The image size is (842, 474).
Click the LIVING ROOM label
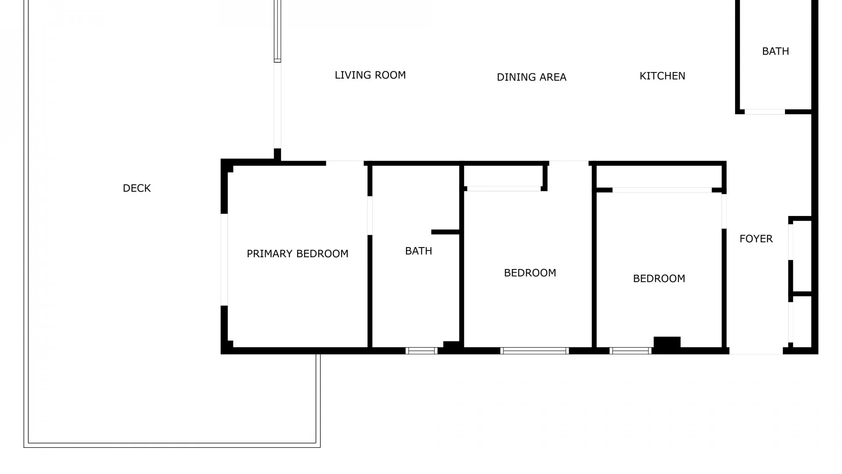click(370, 75)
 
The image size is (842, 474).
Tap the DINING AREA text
click(532, 77)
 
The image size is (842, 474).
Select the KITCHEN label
click(662, 76)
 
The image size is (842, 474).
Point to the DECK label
click(137, 188)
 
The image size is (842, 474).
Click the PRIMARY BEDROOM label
click(297, 254)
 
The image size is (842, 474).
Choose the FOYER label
click(756, 239)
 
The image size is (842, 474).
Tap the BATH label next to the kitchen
click(775, 51)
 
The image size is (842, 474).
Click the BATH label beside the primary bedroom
click(418, 251)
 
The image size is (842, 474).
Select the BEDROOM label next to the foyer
click(659, 279)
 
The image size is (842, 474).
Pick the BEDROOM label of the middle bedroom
click(530, 273)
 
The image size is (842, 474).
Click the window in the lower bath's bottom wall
click(421, 351)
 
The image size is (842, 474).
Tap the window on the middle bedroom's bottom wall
click(535, 351)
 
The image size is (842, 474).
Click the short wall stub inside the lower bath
click(445, 232)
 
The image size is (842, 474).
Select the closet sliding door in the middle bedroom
click(504, 189)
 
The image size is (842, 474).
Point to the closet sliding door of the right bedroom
click(662, 190)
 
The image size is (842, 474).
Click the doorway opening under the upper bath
click(765, 112)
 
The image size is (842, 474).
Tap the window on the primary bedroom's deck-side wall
click(224, 259)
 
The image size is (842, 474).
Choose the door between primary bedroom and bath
click(370, 215)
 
